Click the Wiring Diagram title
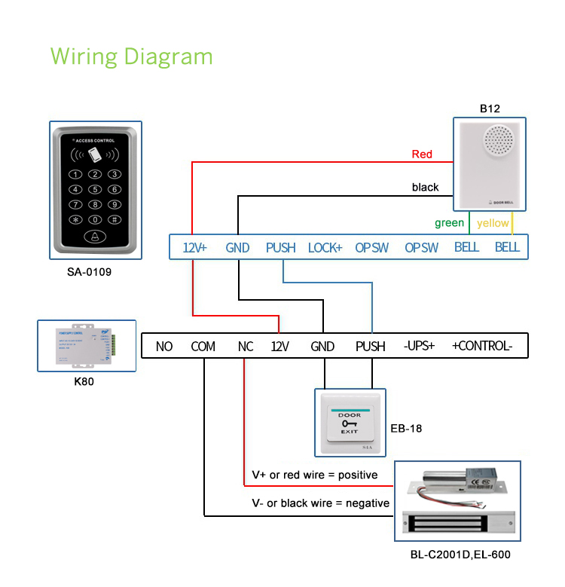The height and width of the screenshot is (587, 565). [x=131, y=57]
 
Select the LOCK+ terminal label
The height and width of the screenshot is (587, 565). [x=325, y=247]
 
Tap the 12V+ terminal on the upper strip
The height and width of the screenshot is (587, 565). [x=195, y=247]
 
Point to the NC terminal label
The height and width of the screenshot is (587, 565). [x=246, y=347]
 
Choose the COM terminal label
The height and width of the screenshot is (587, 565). [x=203, y=347]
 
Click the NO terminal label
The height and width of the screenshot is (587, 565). [x=164, y=347]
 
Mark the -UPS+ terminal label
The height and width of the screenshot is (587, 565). [x=420, y=347]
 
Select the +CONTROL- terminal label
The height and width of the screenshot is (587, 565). [x=482, y=347]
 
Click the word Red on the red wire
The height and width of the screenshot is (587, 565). [x=422, y=154]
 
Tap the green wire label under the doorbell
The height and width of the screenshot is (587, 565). [x=449, y=223]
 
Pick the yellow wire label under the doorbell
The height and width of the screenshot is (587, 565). [x=493, y=223]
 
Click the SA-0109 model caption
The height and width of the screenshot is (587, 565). [x=89, y=272]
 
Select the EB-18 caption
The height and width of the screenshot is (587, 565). [x=406, y=429]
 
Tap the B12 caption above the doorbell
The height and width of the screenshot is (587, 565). [x=490, y=109]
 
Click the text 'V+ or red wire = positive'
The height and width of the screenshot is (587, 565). [x=314, y=475]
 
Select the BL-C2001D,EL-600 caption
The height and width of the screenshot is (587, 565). [x=454, y=555]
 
